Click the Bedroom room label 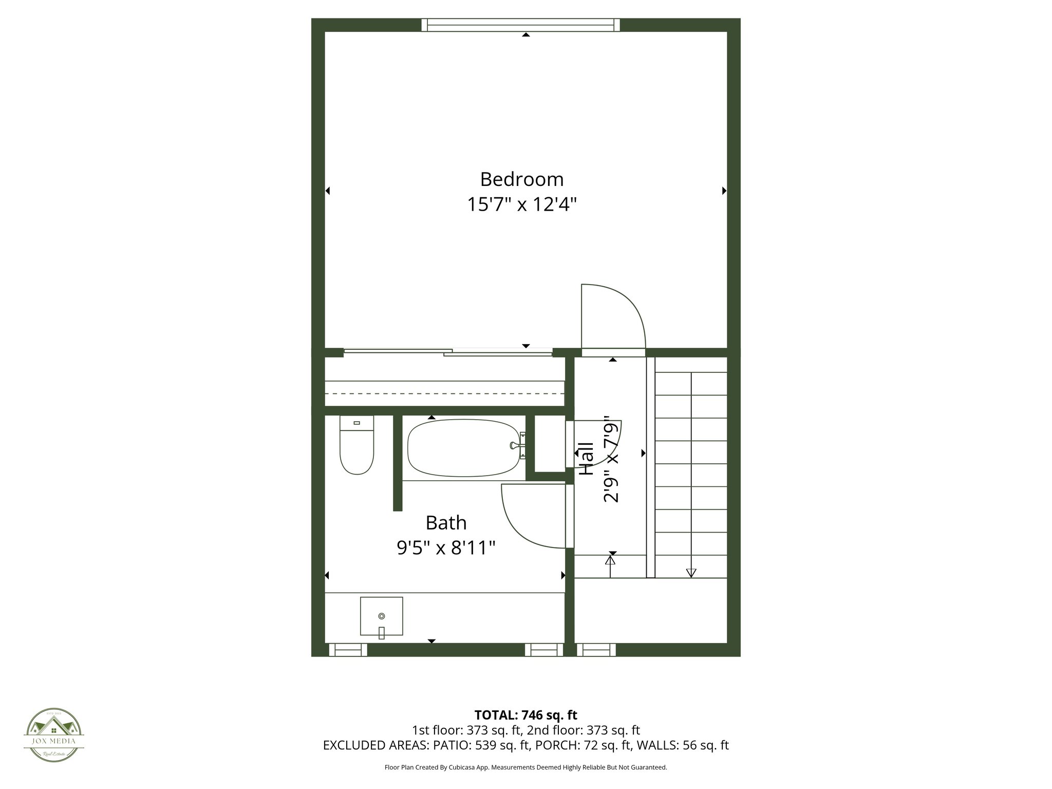point(521,179)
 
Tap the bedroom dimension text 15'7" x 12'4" point(521,204)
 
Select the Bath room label point(446,523)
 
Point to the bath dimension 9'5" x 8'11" point(446,548)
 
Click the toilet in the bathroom point(356,446)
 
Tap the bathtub point(463,448)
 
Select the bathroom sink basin point(381,616)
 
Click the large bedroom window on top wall point(521,25)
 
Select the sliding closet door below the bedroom point(447,352)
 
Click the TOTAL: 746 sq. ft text point(525,715)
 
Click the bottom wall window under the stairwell point(596,650)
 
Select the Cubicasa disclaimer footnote point(525,767)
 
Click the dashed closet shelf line point(445,393)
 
